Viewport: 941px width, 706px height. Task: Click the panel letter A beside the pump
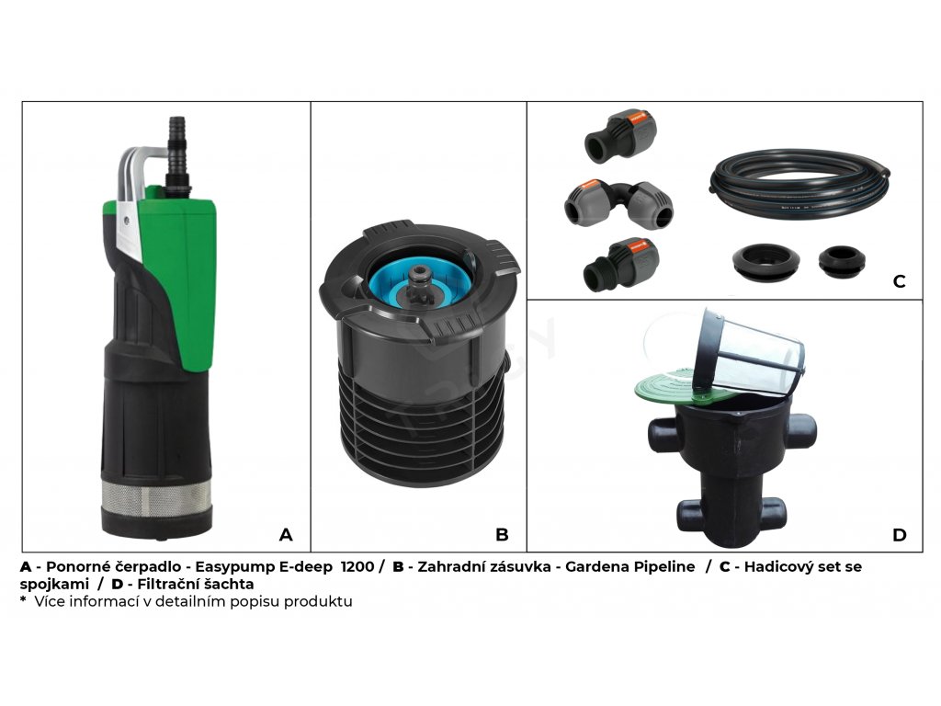point(286,534)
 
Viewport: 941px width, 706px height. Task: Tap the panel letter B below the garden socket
point(503,534)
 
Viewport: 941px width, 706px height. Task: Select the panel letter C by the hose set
point(899,281)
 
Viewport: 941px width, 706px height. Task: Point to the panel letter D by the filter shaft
point(899,534)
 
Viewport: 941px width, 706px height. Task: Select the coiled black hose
point(799,184)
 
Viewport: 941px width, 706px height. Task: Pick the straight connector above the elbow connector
point(620,136)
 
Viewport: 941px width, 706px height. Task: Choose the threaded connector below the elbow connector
point(620,264)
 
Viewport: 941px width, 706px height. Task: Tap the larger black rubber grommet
point(765,262)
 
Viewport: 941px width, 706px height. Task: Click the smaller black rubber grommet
point(842,261)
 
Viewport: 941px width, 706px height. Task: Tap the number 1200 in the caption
point(357,566)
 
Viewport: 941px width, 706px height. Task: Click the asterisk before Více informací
point(23,599)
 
